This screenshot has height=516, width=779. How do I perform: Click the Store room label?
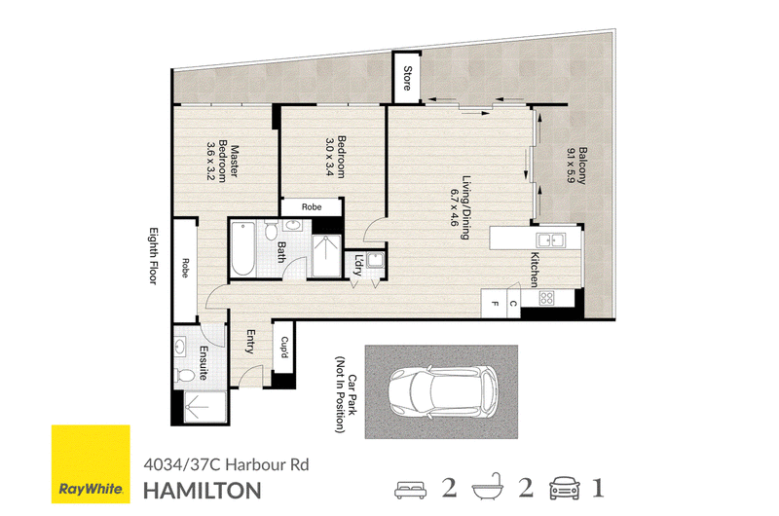(407, 78)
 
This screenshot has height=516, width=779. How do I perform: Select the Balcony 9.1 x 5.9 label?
(576, 166)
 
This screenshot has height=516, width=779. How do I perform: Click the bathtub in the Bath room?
(242, 249)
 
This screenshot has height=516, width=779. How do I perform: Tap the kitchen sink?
(550, 240)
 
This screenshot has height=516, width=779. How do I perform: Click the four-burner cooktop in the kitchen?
(546, 298)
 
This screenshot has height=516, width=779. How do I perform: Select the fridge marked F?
(495, 304)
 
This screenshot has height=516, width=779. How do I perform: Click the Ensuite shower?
(204, 407)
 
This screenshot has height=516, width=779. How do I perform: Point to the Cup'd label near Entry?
(284, 348)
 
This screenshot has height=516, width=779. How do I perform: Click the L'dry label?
(358, 266)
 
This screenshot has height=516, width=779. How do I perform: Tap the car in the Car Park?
(443, 391)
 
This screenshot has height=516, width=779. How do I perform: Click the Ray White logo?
(91, 463)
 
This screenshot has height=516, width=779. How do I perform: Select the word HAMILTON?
(203, 491)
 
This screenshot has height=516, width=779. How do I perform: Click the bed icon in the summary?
(410, 489)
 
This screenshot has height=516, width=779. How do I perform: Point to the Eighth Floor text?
(154, 256)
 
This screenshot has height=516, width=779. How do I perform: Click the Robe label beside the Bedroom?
(312, 207)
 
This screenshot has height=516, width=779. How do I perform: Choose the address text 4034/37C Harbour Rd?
(226, 464)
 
